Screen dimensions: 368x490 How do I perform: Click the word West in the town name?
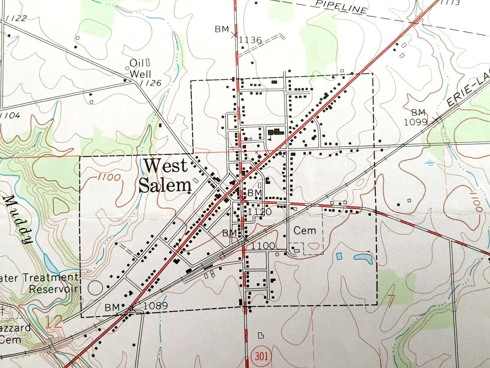(x=165, y=166)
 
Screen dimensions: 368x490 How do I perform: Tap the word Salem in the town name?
(x=165, y=185)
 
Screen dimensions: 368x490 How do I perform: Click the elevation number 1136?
(x=250, y=40)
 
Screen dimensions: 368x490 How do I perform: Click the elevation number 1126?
(x=150, y=83)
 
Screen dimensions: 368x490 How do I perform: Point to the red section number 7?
(x=391, y=301)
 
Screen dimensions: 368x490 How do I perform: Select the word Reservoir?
(x=53, y=288)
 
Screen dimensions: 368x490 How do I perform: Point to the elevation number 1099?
(x=416, y=122)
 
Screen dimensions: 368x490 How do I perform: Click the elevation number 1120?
(x=260, y=211)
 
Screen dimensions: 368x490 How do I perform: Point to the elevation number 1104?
(x=9, y=115)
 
